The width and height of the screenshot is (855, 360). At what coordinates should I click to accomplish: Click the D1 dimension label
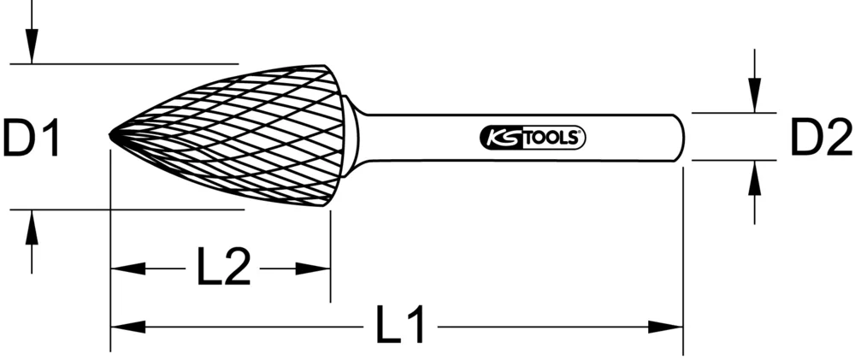pyautogui.click(x=31, y=138)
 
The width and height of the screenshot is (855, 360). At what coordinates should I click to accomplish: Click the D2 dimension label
pyautogui.click(x=820, y=138)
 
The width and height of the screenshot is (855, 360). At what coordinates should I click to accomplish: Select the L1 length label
pyautogui.click(x=400, y=326)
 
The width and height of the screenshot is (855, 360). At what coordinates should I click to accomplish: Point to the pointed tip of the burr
pyautogui.click(x=112, y=136)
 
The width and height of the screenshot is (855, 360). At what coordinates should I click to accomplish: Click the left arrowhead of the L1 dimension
pyautogui.click(x=128, y=326)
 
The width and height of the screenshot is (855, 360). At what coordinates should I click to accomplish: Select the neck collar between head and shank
pyautogui.click(x=351, y=137)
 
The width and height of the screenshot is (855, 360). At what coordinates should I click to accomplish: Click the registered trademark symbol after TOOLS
pyautogui.click(x=581, y=132)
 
